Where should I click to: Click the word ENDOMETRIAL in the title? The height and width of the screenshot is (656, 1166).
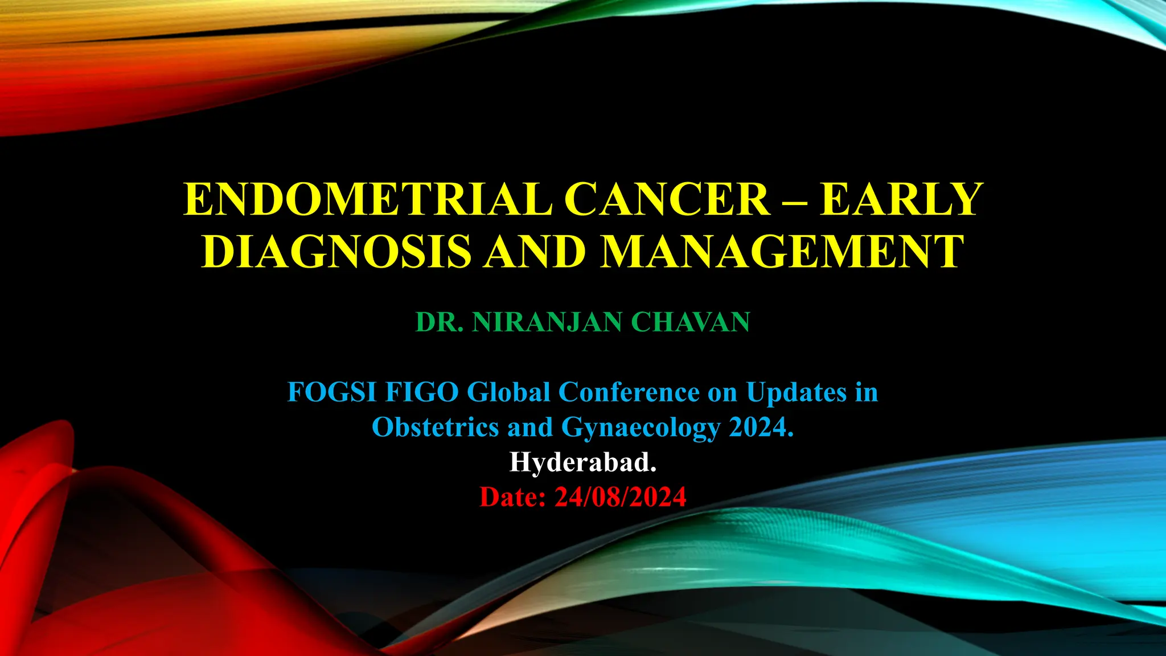click(x=368, y=199)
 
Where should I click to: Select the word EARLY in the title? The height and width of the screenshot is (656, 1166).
click(x=901, y=199)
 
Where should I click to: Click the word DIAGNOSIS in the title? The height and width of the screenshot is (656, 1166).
click(x=336, y=251)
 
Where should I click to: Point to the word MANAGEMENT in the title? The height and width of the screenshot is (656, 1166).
click(x=782, y=251)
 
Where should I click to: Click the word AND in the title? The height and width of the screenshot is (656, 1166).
click(x=535, y=251)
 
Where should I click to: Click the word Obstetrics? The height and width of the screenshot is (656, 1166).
click(x=434, y=427)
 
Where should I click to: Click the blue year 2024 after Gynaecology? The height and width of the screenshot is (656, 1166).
click(x=761, y=427)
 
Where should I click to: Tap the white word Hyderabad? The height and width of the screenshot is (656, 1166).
click(x=582, y=462)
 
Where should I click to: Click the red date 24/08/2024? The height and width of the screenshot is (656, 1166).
click(x=621, y=497)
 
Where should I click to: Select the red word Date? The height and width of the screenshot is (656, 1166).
click(x=512, y=497)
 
